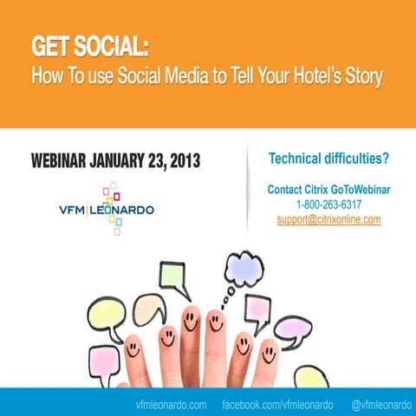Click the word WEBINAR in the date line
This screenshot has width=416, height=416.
click(62, 161)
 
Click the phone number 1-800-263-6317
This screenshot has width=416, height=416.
click(328, 205)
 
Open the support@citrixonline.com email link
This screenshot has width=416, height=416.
click(328, 219)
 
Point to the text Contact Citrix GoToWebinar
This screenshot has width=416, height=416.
click(328, 190)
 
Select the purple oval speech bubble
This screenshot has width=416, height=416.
click(292, 329)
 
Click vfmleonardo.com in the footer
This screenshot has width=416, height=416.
click(171, 405)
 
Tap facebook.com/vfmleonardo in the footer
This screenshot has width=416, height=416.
click(277, 405)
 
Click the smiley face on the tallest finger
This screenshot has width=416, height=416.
click(191, 324)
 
